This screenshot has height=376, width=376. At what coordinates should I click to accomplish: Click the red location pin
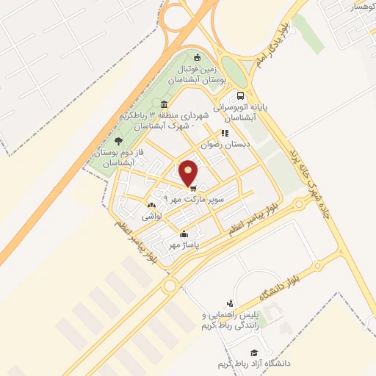coord(189,171)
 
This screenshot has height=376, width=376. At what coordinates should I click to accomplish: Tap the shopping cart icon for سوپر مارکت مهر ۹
coord(193,188)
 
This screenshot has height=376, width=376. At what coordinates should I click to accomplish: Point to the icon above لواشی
coord(152,206)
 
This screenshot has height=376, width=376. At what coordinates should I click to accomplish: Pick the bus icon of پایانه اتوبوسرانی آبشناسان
coord(240,96)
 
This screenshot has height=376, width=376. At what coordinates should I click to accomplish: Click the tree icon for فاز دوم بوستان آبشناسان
coord(119,140)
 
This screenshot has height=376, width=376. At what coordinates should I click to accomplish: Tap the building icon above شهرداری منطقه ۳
coord(164,104)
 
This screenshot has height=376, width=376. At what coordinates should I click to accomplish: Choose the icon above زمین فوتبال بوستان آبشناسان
coord(196,58)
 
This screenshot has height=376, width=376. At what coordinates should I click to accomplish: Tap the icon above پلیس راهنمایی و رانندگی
coord(231,303)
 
